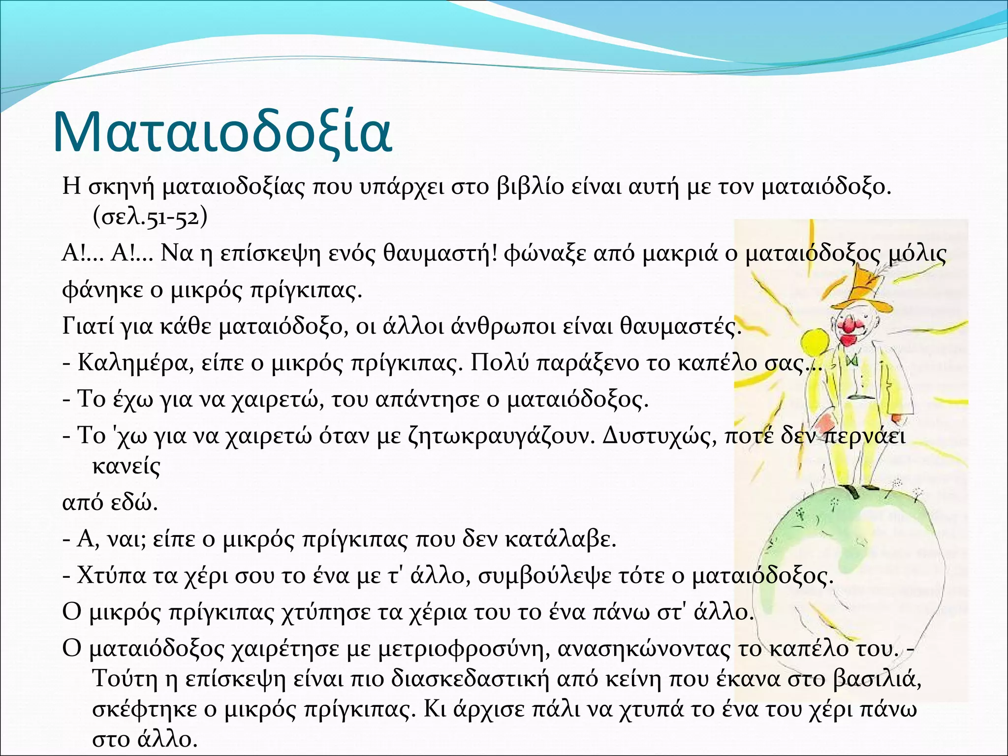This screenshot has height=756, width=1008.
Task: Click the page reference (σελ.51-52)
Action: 150,217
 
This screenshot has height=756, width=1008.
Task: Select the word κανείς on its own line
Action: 126,466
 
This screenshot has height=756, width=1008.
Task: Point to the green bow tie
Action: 853,361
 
